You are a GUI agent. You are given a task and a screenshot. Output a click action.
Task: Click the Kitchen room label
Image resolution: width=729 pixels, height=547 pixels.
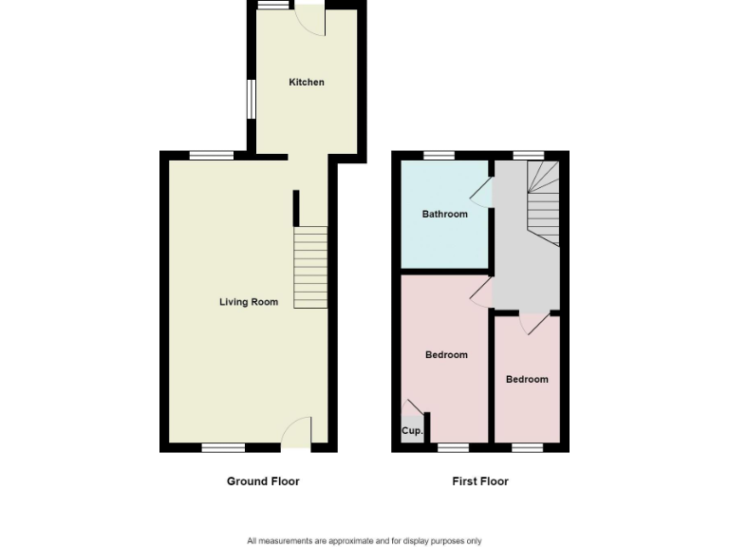[x=307, y=83]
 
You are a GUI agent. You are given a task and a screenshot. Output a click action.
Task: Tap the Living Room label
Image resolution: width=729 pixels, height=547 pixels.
[x=249, y=302]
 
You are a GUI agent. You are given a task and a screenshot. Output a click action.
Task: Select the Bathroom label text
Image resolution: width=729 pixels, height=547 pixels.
[x=445, y=214]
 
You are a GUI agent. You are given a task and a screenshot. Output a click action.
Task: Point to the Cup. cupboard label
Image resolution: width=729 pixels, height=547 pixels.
[x=412, y=431]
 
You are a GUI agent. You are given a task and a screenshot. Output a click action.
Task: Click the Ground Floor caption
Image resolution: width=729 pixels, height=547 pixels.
[x=263, y=481]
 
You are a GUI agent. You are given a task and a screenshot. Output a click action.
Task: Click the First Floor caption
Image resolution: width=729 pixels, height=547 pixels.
[x=480, y=481]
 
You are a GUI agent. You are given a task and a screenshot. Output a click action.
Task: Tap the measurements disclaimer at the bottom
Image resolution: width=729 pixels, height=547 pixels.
[x=364, y=541]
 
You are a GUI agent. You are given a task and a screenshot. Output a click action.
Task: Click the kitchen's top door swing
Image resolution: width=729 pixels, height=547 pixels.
[x=310, y=21]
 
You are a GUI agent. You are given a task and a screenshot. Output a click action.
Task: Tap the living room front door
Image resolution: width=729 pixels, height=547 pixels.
[x=298, y=432]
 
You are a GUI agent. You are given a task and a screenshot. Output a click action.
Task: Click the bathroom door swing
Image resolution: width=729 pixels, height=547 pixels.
[x=481, y=193]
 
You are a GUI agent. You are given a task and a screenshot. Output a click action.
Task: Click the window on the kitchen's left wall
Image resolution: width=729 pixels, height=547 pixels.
[x=252, y=99]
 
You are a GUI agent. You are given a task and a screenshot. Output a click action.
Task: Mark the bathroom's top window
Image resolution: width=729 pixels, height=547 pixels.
[x=438, y=155]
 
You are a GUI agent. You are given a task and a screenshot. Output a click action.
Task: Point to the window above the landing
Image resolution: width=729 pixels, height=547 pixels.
[x=529, y=155]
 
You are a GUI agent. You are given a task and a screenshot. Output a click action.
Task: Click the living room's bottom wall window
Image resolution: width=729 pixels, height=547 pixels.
[x=223, y=447]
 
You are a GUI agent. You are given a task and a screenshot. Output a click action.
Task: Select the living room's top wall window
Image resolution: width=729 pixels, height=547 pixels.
[x=211, y=155]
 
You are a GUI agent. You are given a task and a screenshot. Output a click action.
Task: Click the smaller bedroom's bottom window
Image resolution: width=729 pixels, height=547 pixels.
[x=527, y=447]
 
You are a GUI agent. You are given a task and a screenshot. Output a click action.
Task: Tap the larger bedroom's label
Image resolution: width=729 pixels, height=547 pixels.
[x=446, y=355]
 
